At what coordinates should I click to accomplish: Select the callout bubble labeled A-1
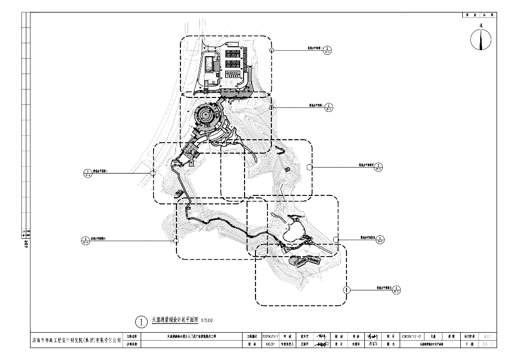point(328,50)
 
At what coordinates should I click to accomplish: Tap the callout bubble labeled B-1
point(328,107)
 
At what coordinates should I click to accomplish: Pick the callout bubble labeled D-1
point(378,167)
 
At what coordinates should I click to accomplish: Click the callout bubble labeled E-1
point(380,240)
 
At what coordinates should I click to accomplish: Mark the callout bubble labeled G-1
point(396,289)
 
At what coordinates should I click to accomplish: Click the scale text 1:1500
point(207,320)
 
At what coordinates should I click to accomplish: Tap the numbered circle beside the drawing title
point(142,322)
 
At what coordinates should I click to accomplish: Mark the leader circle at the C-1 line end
point(153,173)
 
